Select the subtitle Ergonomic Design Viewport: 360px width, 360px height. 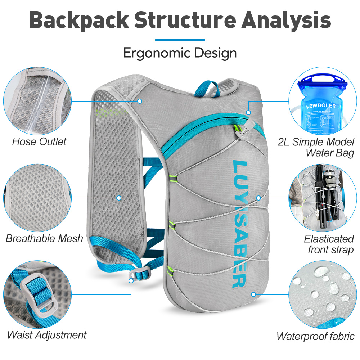180,53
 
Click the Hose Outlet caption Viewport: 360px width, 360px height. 39,141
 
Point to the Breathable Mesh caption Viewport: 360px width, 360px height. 44,238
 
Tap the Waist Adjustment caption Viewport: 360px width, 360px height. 47,335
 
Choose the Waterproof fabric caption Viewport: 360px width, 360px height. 315,336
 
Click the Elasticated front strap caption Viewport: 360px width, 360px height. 329,244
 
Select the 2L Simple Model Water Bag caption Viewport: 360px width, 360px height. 316,147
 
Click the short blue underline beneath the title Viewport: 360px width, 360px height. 180,39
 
